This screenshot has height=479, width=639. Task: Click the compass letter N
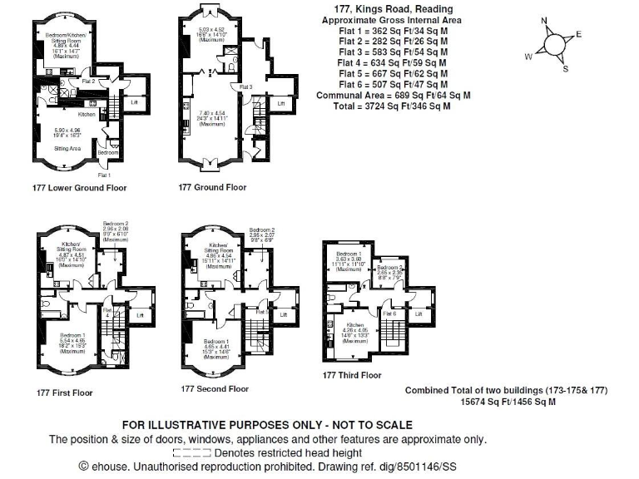click(544, 22)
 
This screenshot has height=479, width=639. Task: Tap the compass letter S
click(566, 69)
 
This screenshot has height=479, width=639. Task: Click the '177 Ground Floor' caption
click(212, 188)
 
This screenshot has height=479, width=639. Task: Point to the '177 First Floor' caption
click(65, 393)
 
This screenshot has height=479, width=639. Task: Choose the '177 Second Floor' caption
click(215, 388)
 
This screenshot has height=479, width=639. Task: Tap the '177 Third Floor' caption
click(352, 375)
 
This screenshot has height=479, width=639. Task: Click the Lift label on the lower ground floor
click(136, 101)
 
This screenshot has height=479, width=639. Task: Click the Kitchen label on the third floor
click(355, 324)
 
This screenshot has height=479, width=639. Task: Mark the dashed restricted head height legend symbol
click(191, 453)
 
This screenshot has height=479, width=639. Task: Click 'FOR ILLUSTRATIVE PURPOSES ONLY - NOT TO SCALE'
click(267, 425)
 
